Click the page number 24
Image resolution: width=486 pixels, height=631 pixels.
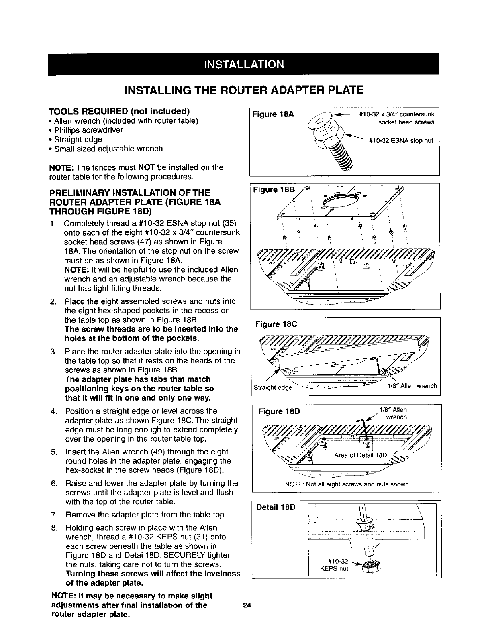247,606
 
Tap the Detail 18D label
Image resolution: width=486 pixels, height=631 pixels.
276,507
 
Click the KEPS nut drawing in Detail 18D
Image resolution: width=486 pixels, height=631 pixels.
369,565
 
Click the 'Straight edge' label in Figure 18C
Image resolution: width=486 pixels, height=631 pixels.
273,387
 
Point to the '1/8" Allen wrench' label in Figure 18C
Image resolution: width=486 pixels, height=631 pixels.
412,386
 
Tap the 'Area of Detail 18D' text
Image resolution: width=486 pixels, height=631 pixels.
360,455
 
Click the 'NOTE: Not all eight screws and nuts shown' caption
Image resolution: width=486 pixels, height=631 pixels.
346,484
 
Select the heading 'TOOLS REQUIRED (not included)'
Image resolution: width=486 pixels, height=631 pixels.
119,111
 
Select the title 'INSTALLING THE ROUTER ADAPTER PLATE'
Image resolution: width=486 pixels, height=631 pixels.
243,89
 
